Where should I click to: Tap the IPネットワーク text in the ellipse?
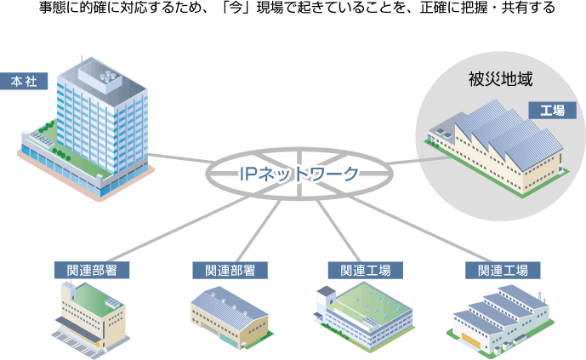[298, 174]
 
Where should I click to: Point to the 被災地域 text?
[494, 81]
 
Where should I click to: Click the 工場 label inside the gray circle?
[551, 110]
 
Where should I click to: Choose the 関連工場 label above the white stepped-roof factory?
[503, 270]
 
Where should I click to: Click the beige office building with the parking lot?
[91, 315]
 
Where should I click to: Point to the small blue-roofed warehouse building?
[228, 315]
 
